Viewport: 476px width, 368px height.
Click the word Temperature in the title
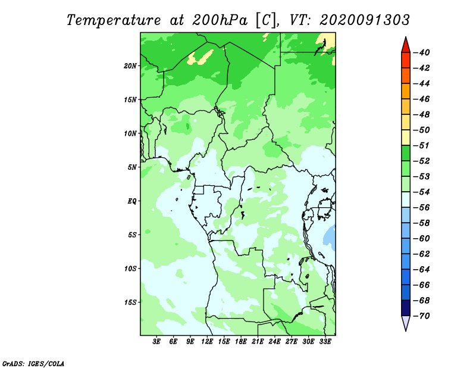coord(114,20)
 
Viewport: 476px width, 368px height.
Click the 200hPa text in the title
coord(220,20)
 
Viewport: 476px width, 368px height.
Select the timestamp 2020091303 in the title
coord(365,20)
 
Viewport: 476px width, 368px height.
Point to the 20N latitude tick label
coord(130,66)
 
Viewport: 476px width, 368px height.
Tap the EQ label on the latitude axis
coord(132,201)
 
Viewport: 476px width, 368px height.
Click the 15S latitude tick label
coord(130,302)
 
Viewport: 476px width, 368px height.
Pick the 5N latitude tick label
coord(132,167)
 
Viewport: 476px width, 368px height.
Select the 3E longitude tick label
coord(156,342)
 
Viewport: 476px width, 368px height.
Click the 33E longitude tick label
coord(325,342)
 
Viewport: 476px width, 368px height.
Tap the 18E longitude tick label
coord(241,342)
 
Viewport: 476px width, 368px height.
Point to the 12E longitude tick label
coord(207,342)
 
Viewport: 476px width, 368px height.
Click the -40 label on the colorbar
coord(421,52)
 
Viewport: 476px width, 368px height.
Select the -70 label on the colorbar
coord(421,316)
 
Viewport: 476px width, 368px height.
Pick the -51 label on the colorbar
coord(421,145)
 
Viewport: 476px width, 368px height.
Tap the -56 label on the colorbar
coord(421,208)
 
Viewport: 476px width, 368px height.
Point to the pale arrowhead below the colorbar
coord(406,322)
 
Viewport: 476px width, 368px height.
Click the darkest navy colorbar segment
coord(406,308)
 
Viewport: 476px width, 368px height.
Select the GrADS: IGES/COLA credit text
coord(33,363)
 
